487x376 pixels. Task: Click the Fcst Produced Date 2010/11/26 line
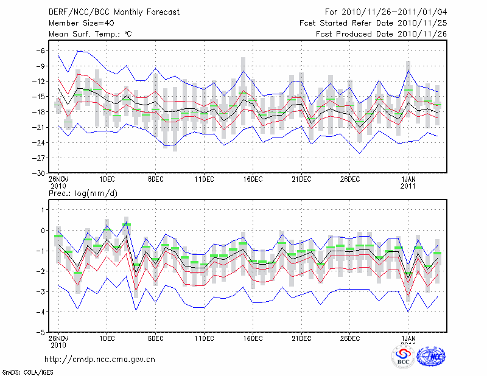pyautogui.click(x=381, y=35)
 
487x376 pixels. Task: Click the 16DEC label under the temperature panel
pyautogui.click(x=253, y=179)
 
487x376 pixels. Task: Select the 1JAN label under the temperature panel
pyautogui.click(x=408, y=179)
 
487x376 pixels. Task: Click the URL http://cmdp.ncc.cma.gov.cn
pyautogui.click(x=100, y=359)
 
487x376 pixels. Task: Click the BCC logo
pyautogui.click(x=403, y=357)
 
